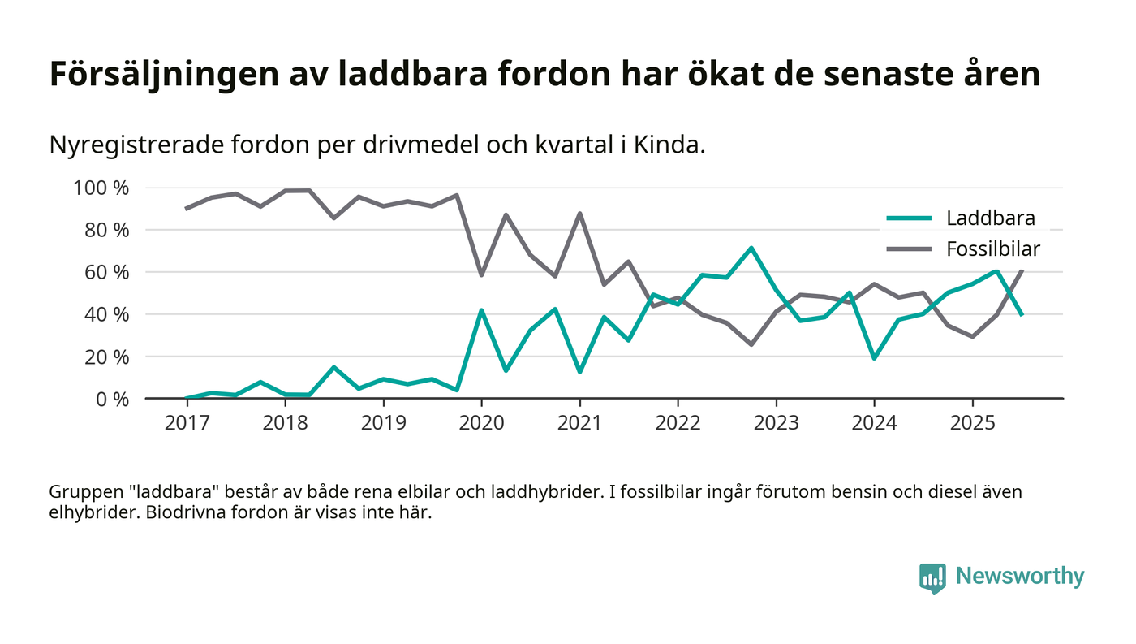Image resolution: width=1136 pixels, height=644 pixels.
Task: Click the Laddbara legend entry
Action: (990, 218)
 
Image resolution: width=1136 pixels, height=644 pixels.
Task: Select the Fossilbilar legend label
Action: (992, 249)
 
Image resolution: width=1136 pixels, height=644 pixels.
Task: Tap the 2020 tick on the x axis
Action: (481, 423)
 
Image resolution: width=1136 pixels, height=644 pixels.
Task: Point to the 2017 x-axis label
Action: (187, 423)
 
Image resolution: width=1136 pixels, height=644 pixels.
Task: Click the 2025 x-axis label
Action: (972, 423)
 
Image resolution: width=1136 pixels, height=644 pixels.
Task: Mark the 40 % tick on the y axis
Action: (109, 314)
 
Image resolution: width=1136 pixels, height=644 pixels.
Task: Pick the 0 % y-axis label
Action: (113, 399)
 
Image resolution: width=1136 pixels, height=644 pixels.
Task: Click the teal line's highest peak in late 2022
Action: (751, 248)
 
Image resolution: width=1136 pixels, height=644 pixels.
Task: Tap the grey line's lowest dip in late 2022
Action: (751, 344)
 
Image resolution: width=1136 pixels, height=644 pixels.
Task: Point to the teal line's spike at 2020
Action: (481, 310)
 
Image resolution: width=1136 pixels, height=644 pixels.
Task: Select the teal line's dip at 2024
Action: (874, 358)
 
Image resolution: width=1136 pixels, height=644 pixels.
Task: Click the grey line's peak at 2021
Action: (579, 214)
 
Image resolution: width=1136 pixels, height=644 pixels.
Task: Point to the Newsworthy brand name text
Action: (1019, 577)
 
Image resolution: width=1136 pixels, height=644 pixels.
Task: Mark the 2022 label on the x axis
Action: (678, 423)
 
